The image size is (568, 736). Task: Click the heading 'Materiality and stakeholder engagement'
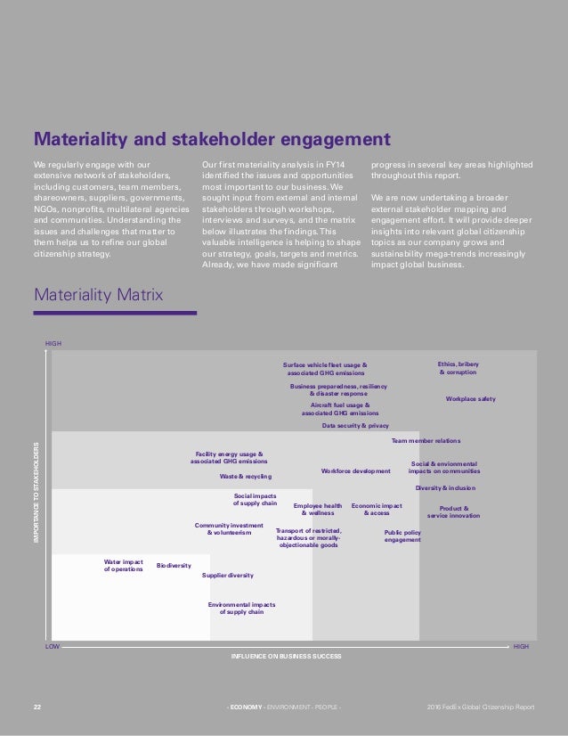212,139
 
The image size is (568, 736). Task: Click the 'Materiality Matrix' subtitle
98,293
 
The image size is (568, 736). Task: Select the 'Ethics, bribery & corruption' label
458,368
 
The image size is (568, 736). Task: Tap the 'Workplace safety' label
470,399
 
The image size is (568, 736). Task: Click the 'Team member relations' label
426,441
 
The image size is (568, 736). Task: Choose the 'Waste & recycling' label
246,477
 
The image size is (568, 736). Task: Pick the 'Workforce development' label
355,470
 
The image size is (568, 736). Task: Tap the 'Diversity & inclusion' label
445,488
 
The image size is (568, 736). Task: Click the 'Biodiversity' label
174,566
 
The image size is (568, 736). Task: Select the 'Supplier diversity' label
228,576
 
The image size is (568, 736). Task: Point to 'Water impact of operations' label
123,565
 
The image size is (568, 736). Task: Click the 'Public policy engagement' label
402,536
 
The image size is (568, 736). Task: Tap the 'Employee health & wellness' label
318,510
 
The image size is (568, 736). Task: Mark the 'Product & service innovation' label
453,512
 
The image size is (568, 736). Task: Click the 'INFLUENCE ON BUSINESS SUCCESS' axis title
286,656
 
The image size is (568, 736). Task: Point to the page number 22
37,707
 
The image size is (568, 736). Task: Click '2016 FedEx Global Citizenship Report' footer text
481,707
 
